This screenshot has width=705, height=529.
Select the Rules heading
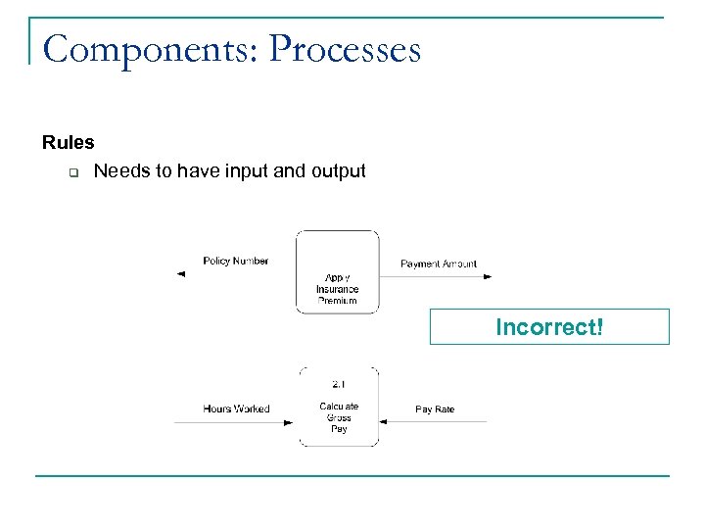click(x=69, y=143)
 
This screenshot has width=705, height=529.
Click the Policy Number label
click(x=235, y=261)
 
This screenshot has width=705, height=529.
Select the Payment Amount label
click(x=439, y=264)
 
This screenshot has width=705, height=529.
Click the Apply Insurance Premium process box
click(x=337, y=272)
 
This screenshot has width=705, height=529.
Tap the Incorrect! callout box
click(x=549, y=327)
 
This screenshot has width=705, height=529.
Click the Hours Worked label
click(x=236, y=409)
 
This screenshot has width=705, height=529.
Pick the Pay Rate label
click(x=435, y=409)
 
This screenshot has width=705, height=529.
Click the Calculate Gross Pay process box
click(x=338, y=407)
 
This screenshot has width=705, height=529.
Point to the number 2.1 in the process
click(x=338, y=384)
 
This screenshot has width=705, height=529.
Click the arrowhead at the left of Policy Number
click(x=180, y=275)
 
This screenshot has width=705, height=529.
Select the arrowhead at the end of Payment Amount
click(x=487, y=277)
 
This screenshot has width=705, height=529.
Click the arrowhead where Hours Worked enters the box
click(x=289, y=422)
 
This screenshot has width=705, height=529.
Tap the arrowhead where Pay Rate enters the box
click(x=384, y=422)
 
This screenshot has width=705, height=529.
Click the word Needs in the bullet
click(x=119, y=171)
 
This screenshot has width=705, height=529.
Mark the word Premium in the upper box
click(x=337, y=301)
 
